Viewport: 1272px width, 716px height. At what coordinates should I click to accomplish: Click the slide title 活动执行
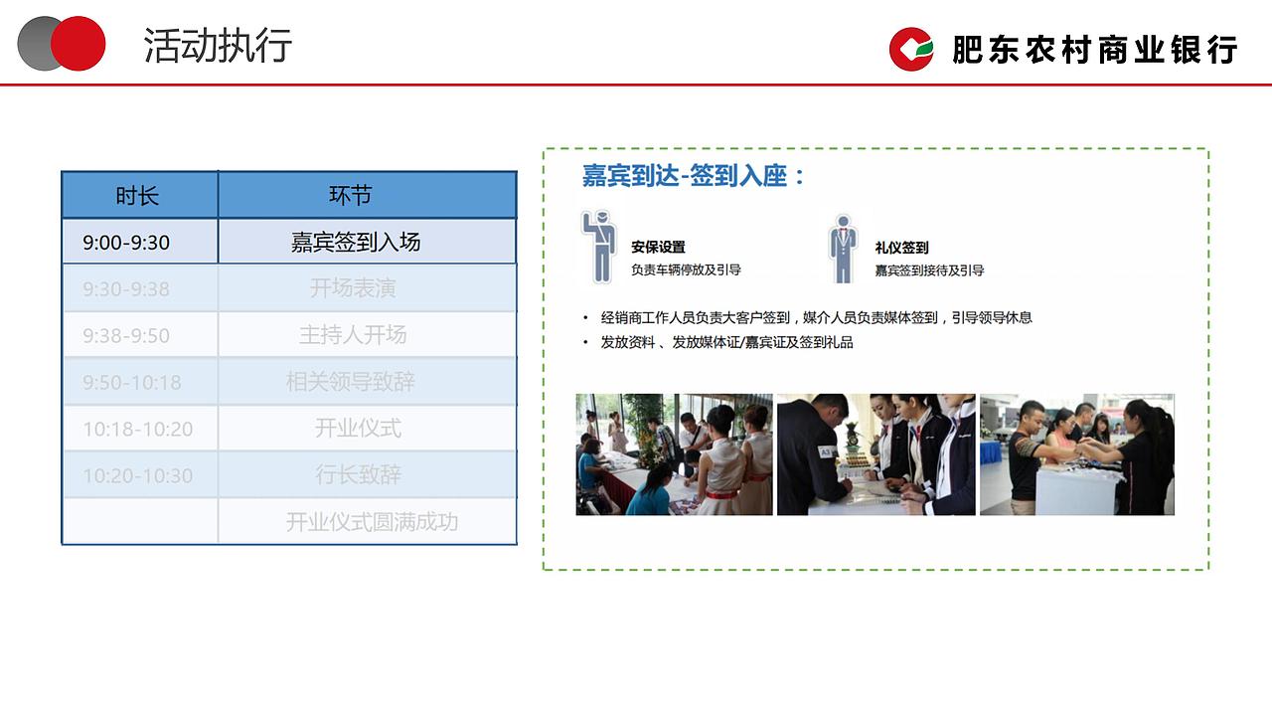218,46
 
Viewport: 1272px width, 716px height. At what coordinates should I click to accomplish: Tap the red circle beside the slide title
79,44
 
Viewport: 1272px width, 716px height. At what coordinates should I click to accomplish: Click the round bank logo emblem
911,49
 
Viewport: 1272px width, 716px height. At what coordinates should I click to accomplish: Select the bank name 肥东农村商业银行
1094,50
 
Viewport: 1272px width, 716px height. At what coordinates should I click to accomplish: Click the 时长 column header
138,196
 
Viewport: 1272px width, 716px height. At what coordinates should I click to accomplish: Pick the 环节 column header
350,196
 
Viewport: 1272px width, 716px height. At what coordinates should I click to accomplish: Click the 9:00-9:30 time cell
126,243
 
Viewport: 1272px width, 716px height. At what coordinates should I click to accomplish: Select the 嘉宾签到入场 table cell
356,242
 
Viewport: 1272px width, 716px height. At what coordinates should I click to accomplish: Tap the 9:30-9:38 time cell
126,289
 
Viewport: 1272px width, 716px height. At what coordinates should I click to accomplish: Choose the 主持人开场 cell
353,335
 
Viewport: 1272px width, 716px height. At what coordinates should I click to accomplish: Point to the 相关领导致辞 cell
351,382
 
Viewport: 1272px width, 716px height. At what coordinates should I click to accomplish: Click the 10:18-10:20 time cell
137,430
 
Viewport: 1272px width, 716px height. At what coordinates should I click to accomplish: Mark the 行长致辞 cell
358,475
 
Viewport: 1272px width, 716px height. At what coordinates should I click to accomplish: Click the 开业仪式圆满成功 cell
372,522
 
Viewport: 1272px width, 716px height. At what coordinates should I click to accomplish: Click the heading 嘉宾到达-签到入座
693,177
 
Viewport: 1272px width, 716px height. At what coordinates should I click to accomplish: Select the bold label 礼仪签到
901,248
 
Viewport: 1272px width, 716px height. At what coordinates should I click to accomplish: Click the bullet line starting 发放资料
726,342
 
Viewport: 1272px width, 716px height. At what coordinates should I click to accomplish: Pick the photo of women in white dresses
674,454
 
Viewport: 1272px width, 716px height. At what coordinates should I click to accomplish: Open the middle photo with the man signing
875,454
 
